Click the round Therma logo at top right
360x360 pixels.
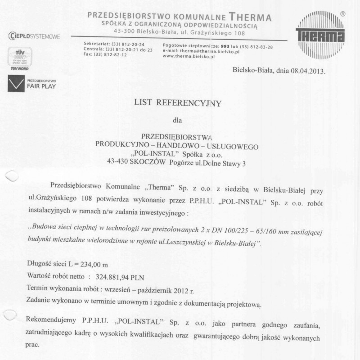click(320, 35)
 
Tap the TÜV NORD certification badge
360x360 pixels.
click(20, 58)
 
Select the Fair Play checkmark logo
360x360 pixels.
click(16, 84)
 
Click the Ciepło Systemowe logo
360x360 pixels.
click(34, 36)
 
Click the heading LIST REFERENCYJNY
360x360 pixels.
click(178, 103)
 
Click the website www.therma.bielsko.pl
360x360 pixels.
click(189, 56)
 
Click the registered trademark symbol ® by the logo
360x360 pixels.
click(343, 14)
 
